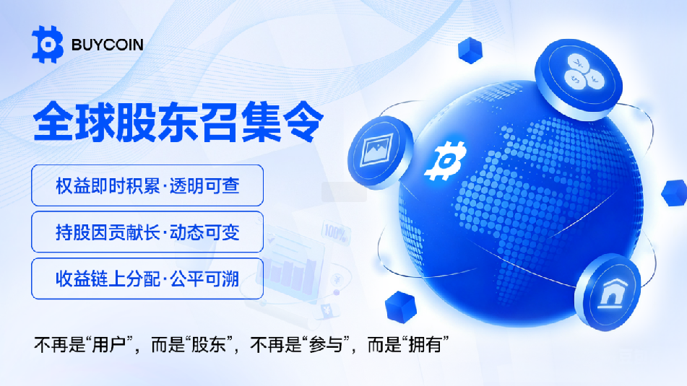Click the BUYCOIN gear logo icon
[x=48, y=44]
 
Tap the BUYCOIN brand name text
[x=107, y=45]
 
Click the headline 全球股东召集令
[x=178, y=122]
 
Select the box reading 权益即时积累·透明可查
[x=147, y=185]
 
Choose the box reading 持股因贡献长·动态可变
[x=147, y=232]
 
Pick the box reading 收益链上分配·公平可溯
[x=147, y=278]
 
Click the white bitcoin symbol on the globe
[x=445, y=161]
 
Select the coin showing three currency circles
[x=579, y=79]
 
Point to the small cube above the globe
[x=470, y=51]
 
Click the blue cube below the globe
[x=400, y=307]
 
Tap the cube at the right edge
[x=674, y=193]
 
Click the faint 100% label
[x=336, y=233]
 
